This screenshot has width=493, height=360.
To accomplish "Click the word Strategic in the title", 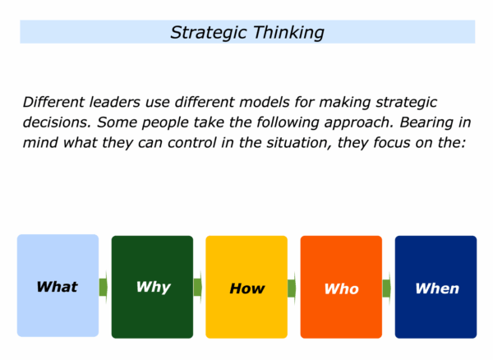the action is (x=208, y=33).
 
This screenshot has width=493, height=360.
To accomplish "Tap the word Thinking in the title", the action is (x=288, y=33).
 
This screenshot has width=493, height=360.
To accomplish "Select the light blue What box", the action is (x=58, y=285).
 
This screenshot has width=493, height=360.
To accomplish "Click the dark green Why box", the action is (x=152, y=287).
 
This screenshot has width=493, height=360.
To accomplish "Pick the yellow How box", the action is (x=246, y=287).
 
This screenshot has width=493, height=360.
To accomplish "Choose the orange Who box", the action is (x=341, y=287).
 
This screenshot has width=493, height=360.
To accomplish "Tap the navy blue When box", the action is (x=435, y=287).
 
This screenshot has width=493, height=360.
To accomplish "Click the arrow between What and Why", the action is (x=104, y=287).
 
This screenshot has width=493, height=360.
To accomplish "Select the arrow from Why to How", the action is (x=198, y=287).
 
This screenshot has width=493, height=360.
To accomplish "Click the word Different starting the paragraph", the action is (x=53, y=102).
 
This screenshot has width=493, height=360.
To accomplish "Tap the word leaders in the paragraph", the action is (x=115, y=102).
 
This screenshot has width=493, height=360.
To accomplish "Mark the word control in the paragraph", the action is (x=191, y=143).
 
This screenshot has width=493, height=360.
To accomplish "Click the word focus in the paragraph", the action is (x=392, y=143).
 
